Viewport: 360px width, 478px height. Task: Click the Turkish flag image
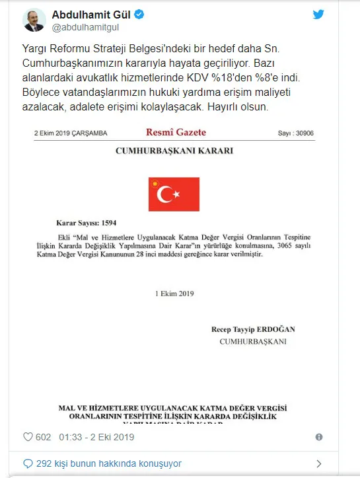click(x=174, y=194)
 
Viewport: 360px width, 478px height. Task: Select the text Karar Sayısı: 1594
click(x=87, y=223)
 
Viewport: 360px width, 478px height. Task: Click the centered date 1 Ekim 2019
click(x=174, y=293)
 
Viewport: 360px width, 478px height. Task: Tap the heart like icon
click(x=28, y=437)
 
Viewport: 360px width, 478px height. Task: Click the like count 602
click(x=44, y=437)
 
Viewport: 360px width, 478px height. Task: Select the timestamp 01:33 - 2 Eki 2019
click(x=96, y=437)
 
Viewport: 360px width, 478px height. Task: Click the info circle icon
click(x=319, y=437)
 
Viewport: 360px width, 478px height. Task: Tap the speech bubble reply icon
click(x=27, y=463)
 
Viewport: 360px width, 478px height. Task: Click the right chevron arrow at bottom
click(x=319, y=463)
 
